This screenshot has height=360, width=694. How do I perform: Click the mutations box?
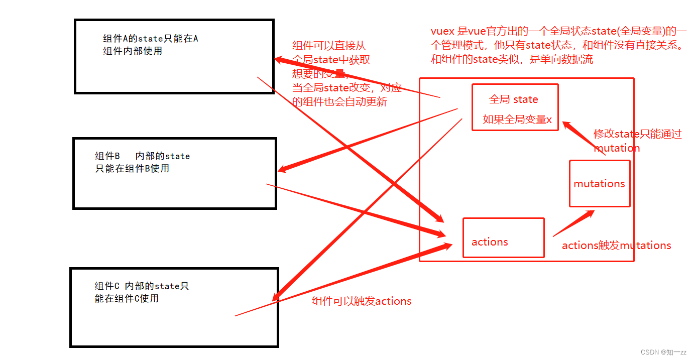[599, 183]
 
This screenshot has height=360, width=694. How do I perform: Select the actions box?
[503, 237]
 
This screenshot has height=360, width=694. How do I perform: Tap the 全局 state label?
[513, 99]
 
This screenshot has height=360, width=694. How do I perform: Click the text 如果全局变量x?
[517, 119]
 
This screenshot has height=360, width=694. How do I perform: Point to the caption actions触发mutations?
[616, 246]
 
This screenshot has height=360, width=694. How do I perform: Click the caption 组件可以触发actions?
[362, 301]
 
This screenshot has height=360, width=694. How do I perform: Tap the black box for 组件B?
[175, 173]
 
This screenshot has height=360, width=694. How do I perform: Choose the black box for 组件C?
[174, 307]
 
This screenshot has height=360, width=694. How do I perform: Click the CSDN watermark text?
[663, 352]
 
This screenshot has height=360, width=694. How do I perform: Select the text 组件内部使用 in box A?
[133, 51]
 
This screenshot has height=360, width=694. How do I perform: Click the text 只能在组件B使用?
[132, 169]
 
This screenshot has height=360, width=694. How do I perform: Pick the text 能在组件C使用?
[127, 299]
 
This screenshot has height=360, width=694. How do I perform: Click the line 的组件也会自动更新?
[339, 102]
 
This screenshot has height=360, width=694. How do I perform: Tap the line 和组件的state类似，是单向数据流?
[512, 59]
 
